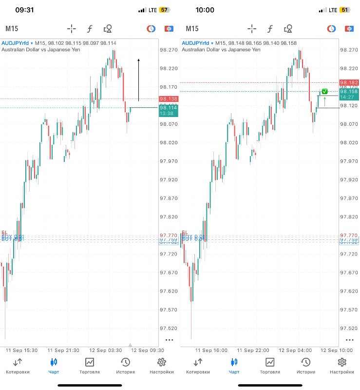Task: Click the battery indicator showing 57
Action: [x=164, y=10]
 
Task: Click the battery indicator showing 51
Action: [x=344, y=10]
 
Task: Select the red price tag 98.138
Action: [x=169, y=99]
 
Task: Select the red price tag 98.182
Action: [x=349, y=83]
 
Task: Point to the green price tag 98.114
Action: [x=169, y=108]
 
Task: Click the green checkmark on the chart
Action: [x=325, y=92]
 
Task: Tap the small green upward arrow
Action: [x=324, y=101]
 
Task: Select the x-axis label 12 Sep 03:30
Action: [x=105, y=350]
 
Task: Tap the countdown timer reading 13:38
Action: [x=169, y=114]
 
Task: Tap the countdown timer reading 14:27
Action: [x=349, y=97]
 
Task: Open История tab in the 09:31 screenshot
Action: [x=125, y=366]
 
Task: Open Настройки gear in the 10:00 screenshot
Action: [x=342, y=366]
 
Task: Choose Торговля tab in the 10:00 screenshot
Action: [x=269, y=366]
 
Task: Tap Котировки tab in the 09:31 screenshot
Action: [x=18, y=366]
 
